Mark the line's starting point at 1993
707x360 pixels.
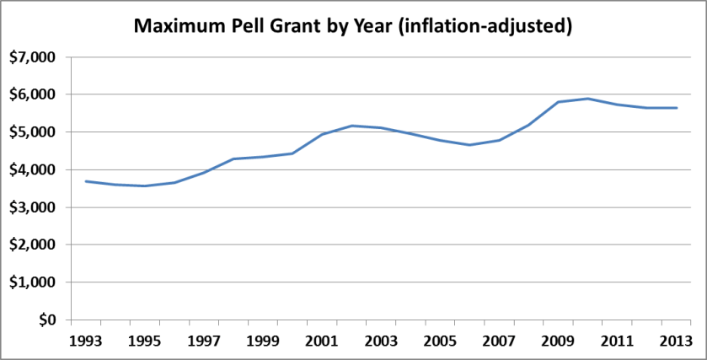click(x=86, y=181)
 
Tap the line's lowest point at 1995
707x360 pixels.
click(x=145, y=185)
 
